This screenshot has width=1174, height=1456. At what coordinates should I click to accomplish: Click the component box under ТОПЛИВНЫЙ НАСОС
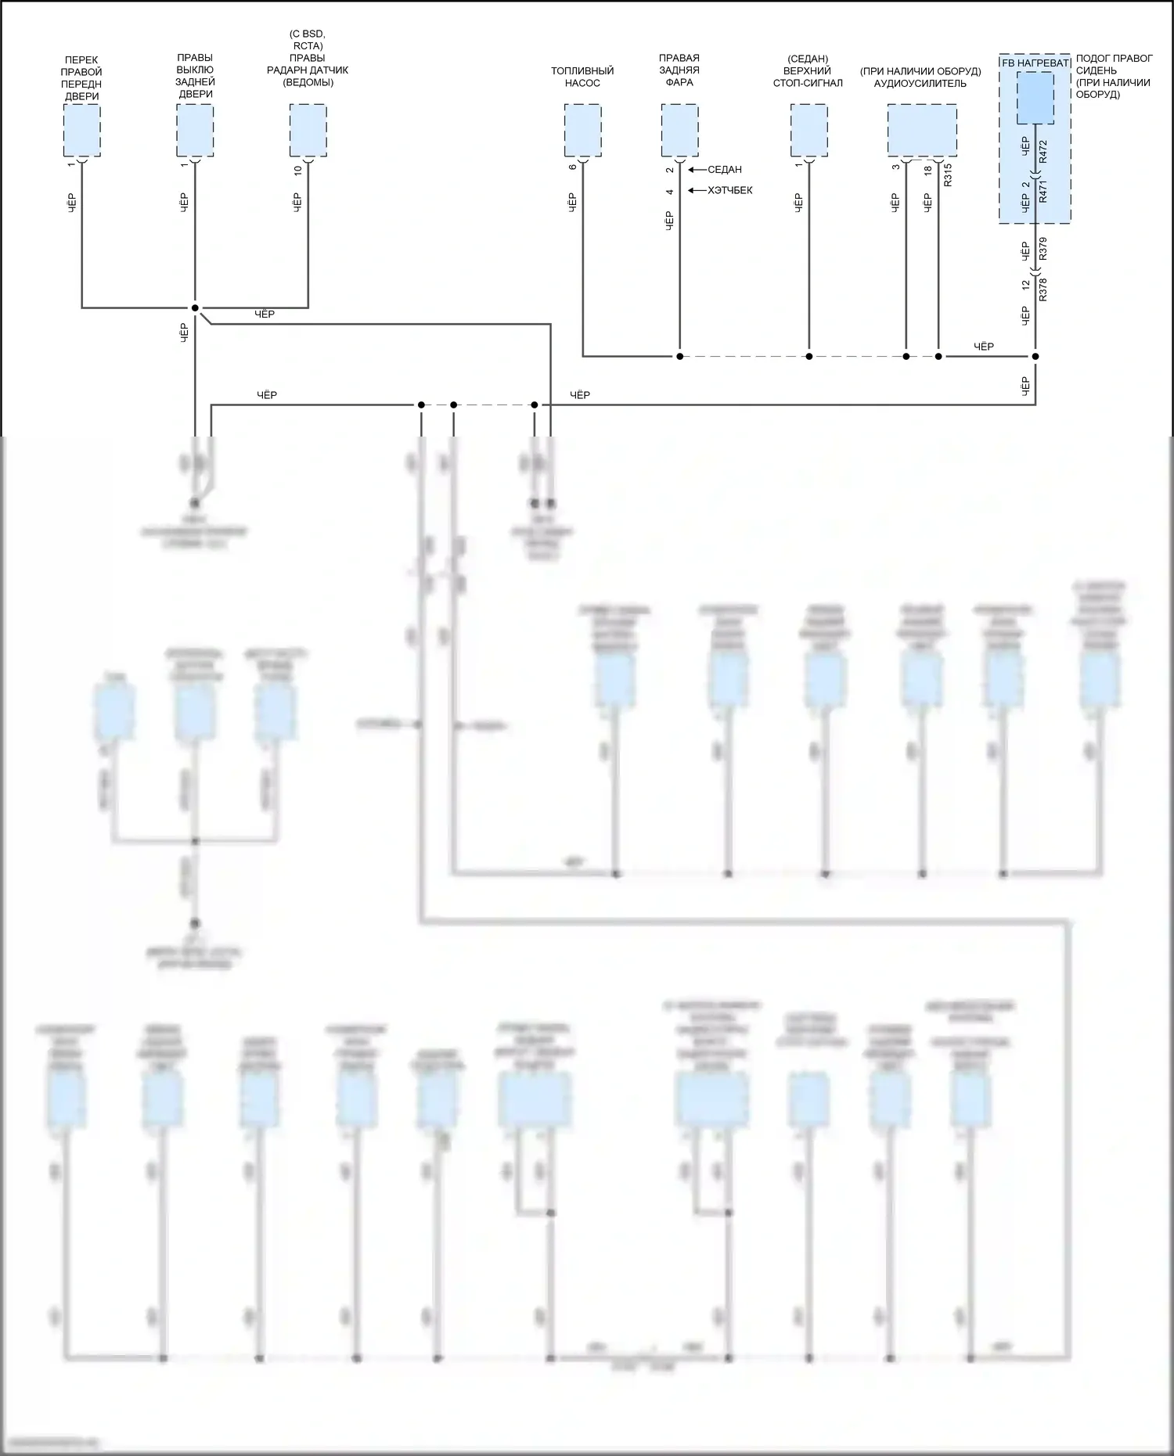(582, 130)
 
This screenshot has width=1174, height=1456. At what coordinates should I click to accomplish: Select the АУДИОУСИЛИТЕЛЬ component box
(921, 130)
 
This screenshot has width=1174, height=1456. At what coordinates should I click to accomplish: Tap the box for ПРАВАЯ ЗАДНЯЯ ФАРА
(679, 130)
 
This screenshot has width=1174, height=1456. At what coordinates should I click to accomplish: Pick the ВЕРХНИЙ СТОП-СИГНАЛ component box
(808, 130)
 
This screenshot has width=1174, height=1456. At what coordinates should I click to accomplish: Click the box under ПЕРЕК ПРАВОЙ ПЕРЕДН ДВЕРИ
(81, 130)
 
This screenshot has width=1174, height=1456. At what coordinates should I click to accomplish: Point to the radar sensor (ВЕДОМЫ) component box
(308, 130)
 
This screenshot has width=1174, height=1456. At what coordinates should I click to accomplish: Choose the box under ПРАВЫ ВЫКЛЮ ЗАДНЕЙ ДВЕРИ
(195, 130)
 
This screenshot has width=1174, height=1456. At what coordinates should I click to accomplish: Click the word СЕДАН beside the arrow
(724, 170)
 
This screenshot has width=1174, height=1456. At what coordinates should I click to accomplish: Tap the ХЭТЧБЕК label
(729, 191)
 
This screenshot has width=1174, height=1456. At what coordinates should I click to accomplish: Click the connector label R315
(948, 174)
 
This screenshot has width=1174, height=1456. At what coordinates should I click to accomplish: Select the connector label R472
(1043, 152)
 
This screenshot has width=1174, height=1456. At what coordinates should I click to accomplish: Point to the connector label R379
(1043, 249)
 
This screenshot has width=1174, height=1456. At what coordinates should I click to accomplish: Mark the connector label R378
(1043, 289)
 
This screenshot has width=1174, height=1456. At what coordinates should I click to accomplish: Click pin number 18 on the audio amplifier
(928, 170)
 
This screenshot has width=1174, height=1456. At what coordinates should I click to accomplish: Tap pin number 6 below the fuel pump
(573, 167)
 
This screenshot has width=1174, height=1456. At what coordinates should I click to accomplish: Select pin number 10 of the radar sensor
(297, 170)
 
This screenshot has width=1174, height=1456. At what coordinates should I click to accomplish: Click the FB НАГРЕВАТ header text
(1035, 63)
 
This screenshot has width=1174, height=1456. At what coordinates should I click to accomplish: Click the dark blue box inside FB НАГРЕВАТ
(1035, 98)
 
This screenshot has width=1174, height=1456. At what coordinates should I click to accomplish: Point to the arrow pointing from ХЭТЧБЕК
(694, 191)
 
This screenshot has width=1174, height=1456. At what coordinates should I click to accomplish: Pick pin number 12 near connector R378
(1026, 286)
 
